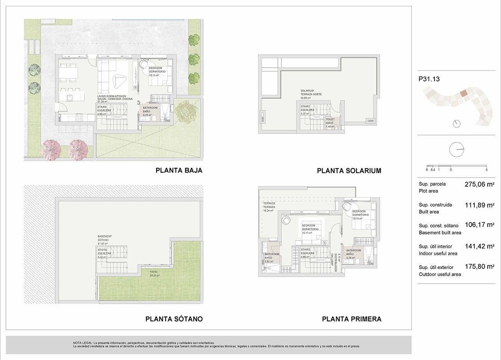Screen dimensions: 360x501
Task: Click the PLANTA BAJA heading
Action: [x=179, y=171]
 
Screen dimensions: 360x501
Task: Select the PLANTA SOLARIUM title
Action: [x=349, y=171]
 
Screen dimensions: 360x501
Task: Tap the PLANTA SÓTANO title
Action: [x=174, y=319]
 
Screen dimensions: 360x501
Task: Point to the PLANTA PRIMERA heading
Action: [x=351, y=319]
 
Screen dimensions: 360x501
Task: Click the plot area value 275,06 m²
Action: [x=479, y=184]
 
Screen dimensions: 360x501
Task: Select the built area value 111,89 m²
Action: [x=479, y=205]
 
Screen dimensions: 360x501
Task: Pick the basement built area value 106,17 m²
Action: [x=479, y=225]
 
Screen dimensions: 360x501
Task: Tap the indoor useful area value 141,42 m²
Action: [x=479, y=246]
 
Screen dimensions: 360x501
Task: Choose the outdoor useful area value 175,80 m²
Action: [x=479, y=266]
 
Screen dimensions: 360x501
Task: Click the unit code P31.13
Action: [x=429, y=79]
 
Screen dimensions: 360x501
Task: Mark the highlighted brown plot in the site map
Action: [x=464, y=94]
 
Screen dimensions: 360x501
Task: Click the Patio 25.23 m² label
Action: [x=155, y=273]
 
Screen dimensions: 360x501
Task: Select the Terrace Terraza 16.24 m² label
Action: [x=270, y=207]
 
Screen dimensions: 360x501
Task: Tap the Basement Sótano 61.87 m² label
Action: [x=105, y=240]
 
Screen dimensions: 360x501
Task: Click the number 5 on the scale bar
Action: [x=486, y=170]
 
